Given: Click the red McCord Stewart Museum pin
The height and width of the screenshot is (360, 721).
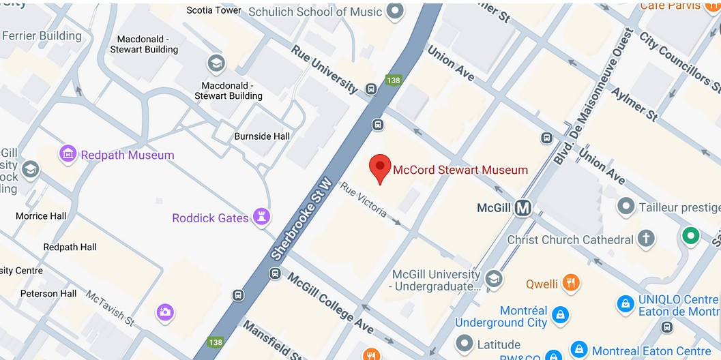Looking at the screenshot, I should [x=380, y=167].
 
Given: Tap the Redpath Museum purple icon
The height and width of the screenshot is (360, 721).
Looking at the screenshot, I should [x=68, y=154].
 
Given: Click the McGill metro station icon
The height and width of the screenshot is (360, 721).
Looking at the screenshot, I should [x=523, y=208].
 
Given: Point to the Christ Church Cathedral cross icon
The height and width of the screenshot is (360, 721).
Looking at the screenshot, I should [x=645, y=238].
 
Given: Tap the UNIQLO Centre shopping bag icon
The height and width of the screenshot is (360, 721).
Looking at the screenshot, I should [x=624, y=304].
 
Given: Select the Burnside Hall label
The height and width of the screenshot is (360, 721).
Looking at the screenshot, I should [x=262, y=136].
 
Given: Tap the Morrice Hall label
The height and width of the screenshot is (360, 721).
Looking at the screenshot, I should [x=41, y=215].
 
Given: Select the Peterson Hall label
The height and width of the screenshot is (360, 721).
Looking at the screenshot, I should [x=48, y=293].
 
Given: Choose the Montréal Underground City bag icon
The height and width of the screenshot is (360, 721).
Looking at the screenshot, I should [x=559, y=314].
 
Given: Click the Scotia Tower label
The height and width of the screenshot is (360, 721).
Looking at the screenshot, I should [x=214, y=10].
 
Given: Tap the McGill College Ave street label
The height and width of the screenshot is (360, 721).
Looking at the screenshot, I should [x=331, y=303].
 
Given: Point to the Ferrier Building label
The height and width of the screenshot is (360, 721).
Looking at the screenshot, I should [x=42, y=36].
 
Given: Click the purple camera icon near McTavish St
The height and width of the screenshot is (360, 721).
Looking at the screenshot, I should [x=164, y=312].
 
